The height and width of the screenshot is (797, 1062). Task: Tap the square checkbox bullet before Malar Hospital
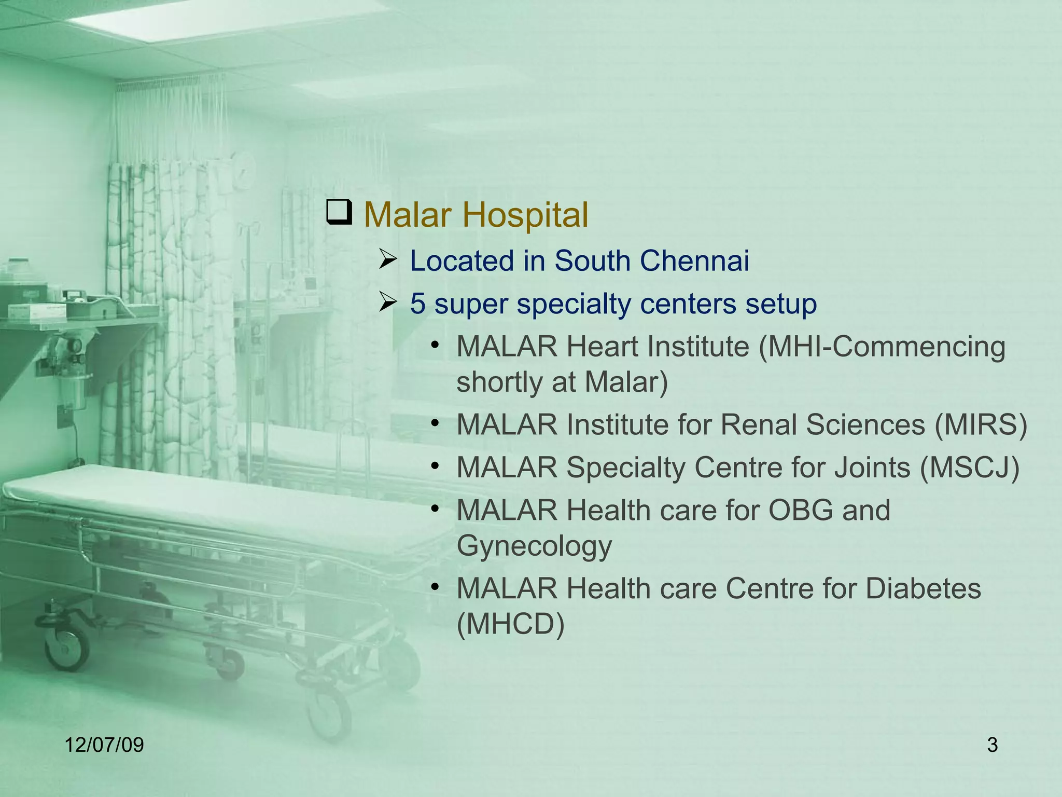click(339, 213)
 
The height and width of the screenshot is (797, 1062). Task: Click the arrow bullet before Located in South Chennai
click(387, 259)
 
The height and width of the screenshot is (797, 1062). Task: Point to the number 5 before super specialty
click(417, 304)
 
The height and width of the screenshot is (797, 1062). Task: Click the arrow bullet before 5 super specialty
click(387, 303)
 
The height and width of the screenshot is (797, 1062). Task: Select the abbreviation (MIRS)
click(981, 424)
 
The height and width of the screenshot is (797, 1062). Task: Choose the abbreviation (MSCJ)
click(970, 467)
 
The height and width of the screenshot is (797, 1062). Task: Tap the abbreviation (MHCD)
click(510, 624)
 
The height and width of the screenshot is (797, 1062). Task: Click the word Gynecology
click(534, 546)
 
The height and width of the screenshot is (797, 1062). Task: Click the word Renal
click(758, 424)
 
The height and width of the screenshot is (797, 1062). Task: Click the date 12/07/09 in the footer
click(104, 745)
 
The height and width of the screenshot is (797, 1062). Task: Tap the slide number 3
click(992, 745)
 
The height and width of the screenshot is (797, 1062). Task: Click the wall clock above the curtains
click(243, 172)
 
